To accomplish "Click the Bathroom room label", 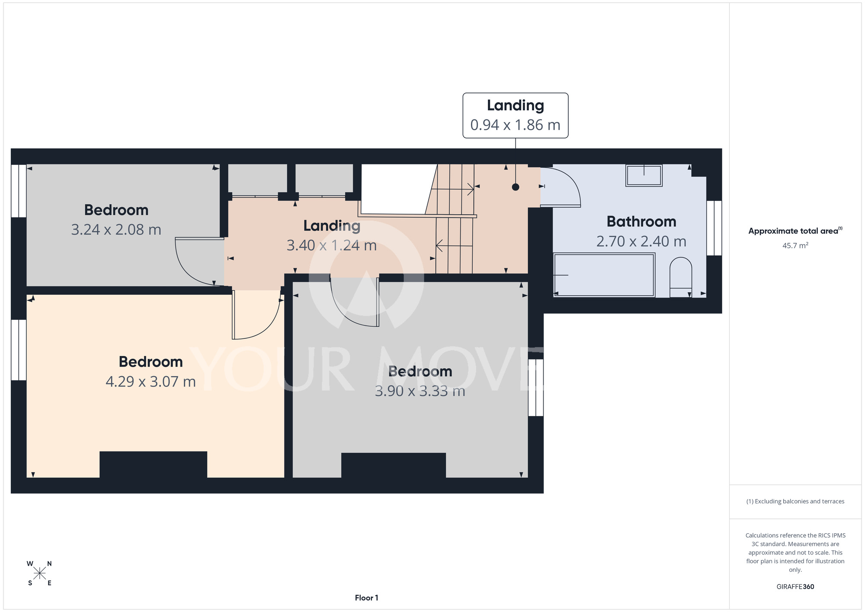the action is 641,222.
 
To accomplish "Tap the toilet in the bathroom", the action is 681,277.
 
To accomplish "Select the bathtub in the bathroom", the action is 604,275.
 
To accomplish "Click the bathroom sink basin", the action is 644,175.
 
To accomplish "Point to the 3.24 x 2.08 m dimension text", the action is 116,229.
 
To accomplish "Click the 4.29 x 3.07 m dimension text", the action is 151,381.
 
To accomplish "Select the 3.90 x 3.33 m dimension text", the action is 420,391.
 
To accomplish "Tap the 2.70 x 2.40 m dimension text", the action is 641,241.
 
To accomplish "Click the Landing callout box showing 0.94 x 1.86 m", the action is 516,116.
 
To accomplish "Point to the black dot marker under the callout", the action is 516,187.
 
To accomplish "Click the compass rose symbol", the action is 40,573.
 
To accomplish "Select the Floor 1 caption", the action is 366,598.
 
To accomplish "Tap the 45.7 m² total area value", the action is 795,245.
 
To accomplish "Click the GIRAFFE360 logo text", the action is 795,587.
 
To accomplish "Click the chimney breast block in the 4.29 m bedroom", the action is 153,464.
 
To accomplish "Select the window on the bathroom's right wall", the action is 714,228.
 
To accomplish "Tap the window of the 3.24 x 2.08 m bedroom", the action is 19,190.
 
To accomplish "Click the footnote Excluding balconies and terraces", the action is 795,501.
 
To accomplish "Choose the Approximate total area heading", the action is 795,231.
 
